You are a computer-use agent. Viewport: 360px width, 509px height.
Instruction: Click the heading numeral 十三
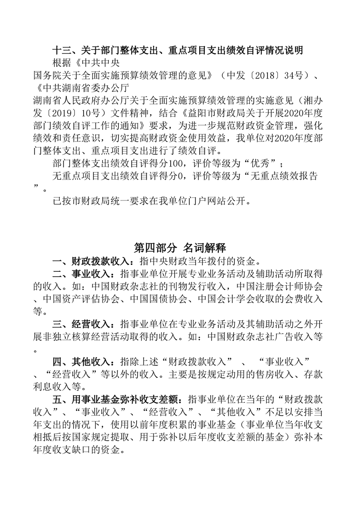pos(61,50)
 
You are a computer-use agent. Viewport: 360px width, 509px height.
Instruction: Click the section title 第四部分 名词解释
pos(180,248)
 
